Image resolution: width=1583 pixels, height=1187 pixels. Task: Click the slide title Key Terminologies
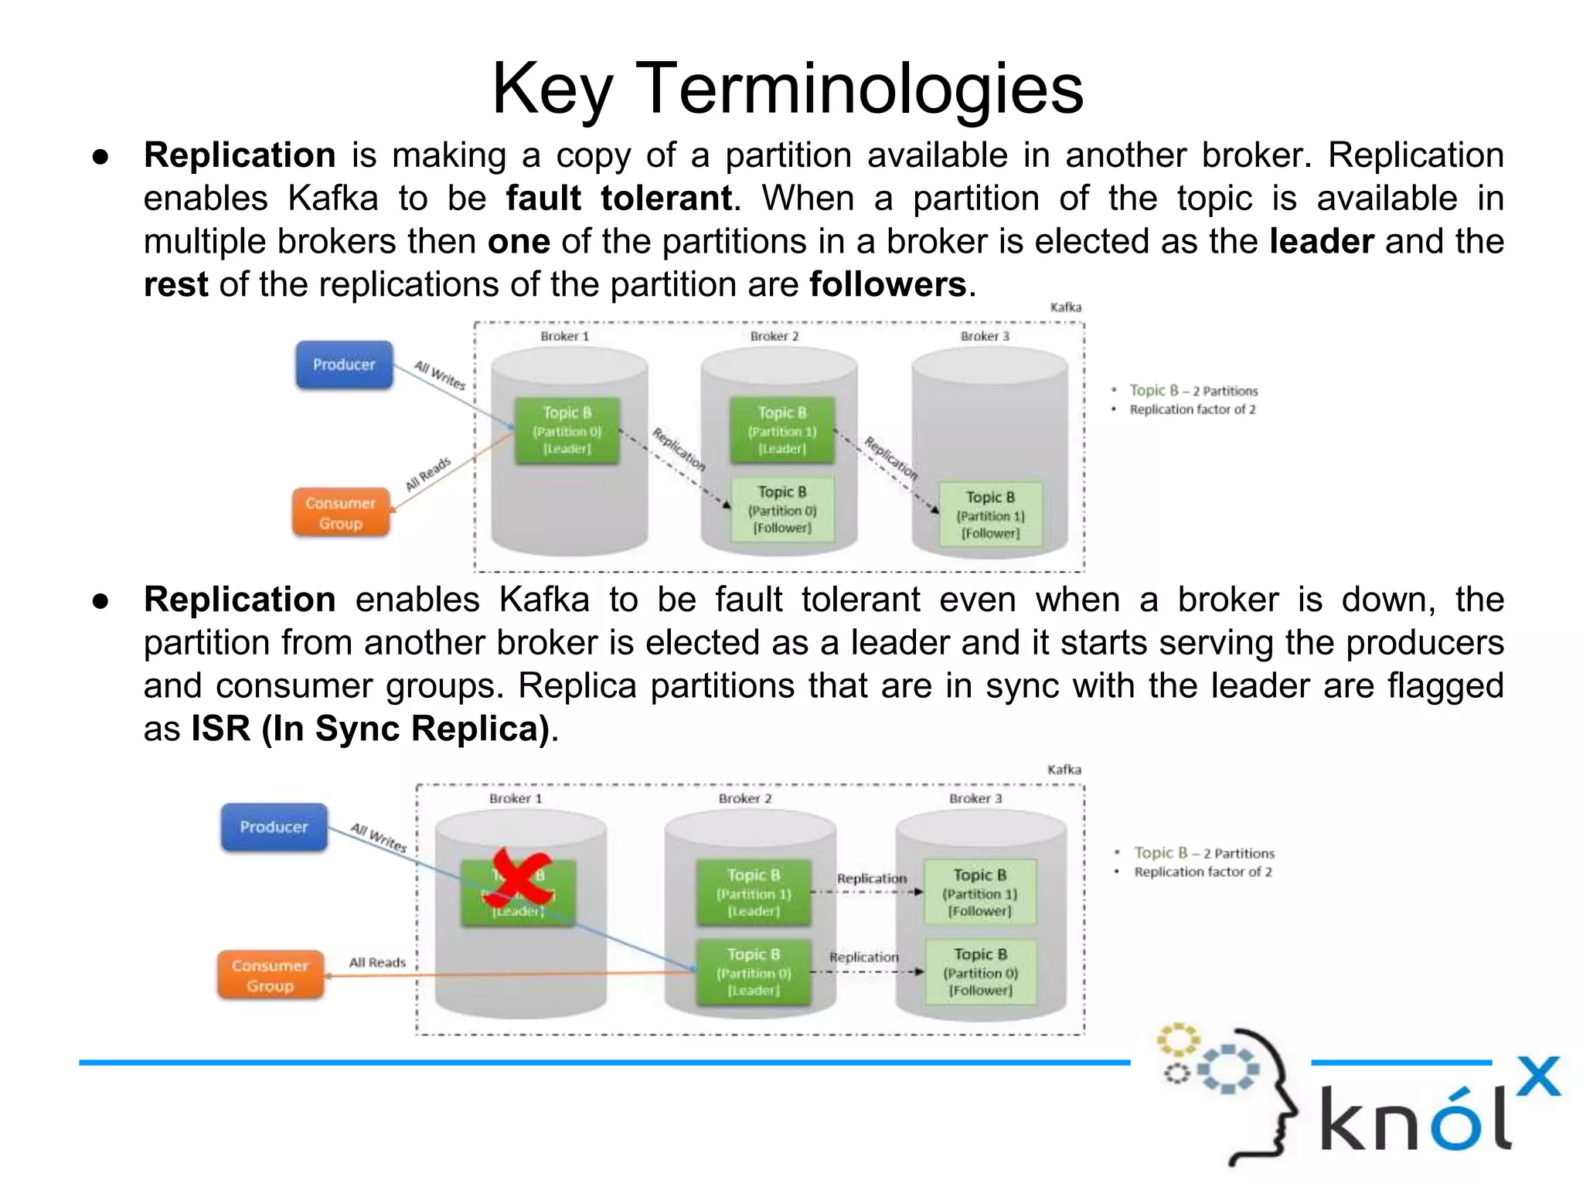pyautogui.click(x=788, y=89)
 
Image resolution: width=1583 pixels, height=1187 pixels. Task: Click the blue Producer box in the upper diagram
pyautogui.click(x=344, y=365)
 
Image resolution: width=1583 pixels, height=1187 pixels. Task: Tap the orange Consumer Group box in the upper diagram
pyautogui.click(x=340, y=513)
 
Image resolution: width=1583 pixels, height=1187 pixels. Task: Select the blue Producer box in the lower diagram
pyautogui.click(x=274, y=827)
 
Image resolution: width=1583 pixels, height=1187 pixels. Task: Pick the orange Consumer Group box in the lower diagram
pyautogui.click(x=270, y=975)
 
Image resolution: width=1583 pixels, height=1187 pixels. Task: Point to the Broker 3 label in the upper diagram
pyautogui.click(x=985, y=336)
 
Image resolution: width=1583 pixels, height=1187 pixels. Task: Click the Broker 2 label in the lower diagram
pyautogui.click(x=745, y=798)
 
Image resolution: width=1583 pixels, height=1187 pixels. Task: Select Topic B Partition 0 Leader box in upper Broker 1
pyautogui.click(x=567, y=430)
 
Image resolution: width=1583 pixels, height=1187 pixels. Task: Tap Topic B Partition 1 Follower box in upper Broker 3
pyautogui.click(x=990, y=515)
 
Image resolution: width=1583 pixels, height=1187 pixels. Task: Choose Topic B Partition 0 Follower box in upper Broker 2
pyautogui.click(x=782, y=509)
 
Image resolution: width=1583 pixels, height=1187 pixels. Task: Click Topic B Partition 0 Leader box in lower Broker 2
pyautogui.click(x=754, y=972)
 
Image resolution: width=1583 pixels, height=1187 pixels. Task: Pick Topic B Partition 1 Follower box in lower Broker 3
pyautogui.click(x=979, y=893)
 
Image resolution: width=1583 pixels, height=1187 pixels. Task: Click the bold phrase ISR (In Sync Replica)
pyautogui.click(x=370, y=729)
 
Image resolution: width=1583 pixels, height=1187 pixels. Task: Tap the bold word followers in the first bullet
pyautogui.click(x=887, y=284)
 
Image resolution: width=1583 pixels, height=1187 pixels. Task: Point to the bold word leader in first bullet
pyautogui.click(x=1321, y=242)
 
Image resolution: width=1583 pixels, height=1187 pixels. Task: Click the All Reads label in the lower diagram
pyautogui.click(x=377, y=962)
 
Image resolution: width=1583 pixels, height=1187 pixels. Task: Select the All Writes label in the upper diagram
pyautogui.click(x=439, y=375)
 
